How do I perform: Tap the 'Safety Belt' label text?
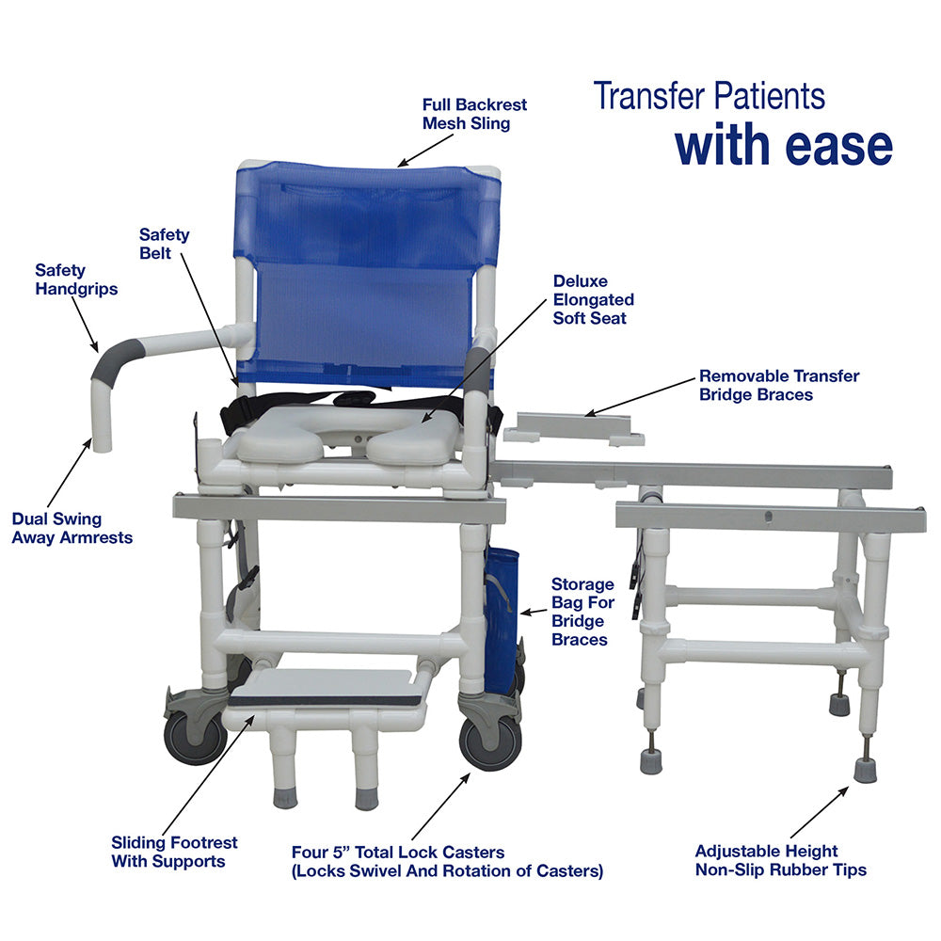164,244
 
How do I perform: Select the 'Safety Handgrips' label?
76,279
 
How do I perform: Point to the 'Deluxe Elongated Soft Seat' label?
593,300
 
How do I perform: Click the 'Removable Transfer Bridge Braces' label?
778,385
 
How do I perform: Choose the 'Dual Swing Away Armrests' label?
72,528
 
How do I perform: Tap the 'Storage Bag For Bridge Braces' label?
582,612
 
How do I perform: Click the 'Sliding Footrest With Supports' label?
174,852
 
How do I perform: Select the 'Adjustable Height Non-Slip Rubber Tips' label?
780,861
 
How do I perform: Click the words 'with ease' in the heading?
783,146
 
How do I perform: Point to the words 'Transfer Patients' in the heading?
709,95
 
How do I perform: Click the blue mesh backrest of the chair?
367,273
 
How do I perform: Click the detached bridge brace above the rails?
573,429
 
